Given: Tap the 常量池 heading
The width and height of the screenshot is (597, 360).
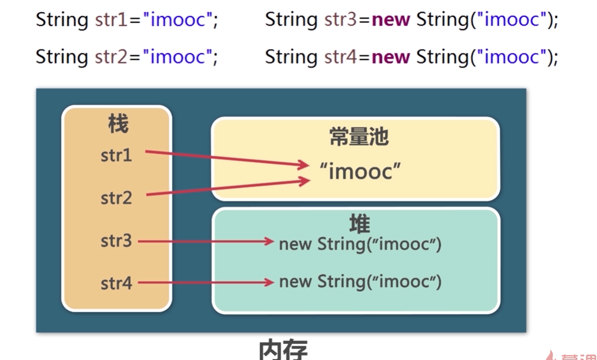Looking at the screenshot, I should pyautogui.click(x=359, y=137).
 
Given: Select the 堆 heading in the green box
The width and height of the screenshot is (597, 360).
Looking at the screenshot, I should pyautogui.click(x=359, y=224).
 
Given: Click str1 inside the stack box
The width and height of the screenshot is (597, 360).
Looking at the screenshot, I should pyautogui.click(x=116, y=155).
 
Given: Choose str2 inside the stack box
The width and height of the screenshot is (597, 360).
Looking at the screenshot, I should pyautogui.click(x=116, y=198).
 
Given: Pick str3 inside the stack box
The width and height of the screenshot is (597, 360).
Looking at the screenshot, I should pyautogui.click(x=116, y=241).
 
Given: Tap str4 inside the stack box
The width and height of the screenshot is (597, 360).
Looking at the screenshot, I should pyautogui.click(x=116, y=284).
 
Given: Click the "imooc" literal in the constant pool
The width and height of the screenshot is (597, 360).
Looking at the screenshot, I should pyautogui.click(x=360, y=171).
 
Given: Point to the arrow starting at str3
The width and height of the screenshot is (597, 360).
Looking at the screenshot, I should pyautogui.click(x=205, y=241).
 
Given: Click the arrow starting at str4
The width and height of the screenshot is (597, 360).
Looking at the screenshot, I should pyautogui.click(x=205, y=283).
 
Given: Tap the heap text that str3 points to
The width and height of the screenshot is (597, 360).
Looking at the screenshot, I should pyautogui.click(x=360, y=244).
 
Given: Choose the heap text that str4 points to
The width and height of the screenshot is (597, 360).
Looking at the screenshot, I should pyautogui.click(x=360, y=282).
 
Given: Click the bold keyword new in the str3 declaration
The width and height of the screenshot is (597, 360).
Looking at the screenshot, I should pyautogui.click(x=391, y=20).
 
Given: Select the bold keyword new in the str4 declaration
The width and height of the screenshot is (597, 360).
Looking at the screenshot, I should pyautogui.click(x=391, y=57).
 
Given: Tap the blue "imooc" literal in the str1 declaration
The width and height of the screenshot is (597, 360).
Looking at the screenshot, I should pyautogui.click(x=178, y=20).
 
